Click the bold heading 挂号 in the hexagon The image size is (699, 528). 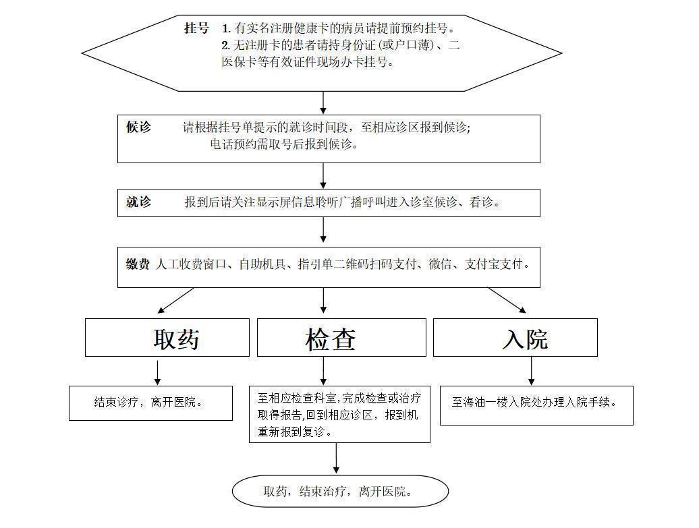pos(196,28)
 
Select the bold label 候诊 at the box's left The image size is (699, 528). pos(138,127)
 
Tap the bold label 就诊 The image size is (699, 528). pos(138,202)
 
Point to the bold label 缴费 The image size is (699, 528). pos(138,264)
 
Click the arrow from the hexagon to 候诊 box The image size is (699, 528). pos(324,103)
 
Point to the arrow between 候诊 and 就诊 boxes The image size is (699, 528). pos(324,175)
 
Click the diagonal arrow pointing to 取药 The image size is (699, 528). pos(175,300)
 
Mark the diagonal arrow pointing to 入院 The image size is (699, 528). pos(507,300)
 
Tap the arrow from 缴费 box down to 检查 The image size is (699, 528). pos(324,301)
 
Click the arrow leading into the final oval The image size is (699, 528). pos(336,459)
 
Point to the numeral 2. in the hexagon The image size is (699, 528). pos(226,45)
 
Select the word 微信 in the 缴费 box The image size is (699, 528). pos(441,264)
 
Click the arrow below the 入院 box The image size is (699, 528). pos(532,371)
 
